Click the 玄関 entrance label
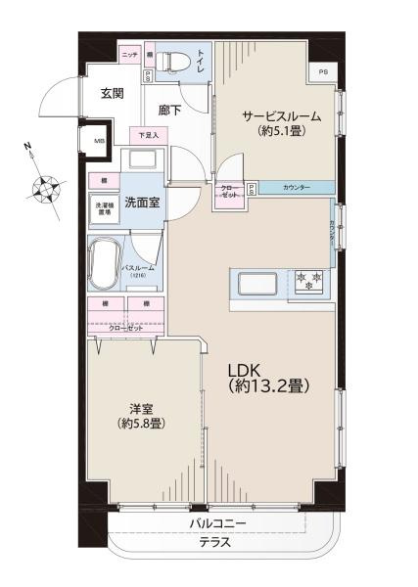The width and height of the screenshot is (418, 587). click(x=111, y=94)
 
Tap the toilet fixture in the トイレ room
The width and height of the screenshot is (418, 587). click(x=170, y=60)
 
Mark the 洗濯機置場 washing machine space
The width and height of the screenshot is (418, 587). click(x=103, y=207)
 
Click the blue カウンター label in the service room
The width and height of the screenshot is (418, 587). click(x=296, y=187)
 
